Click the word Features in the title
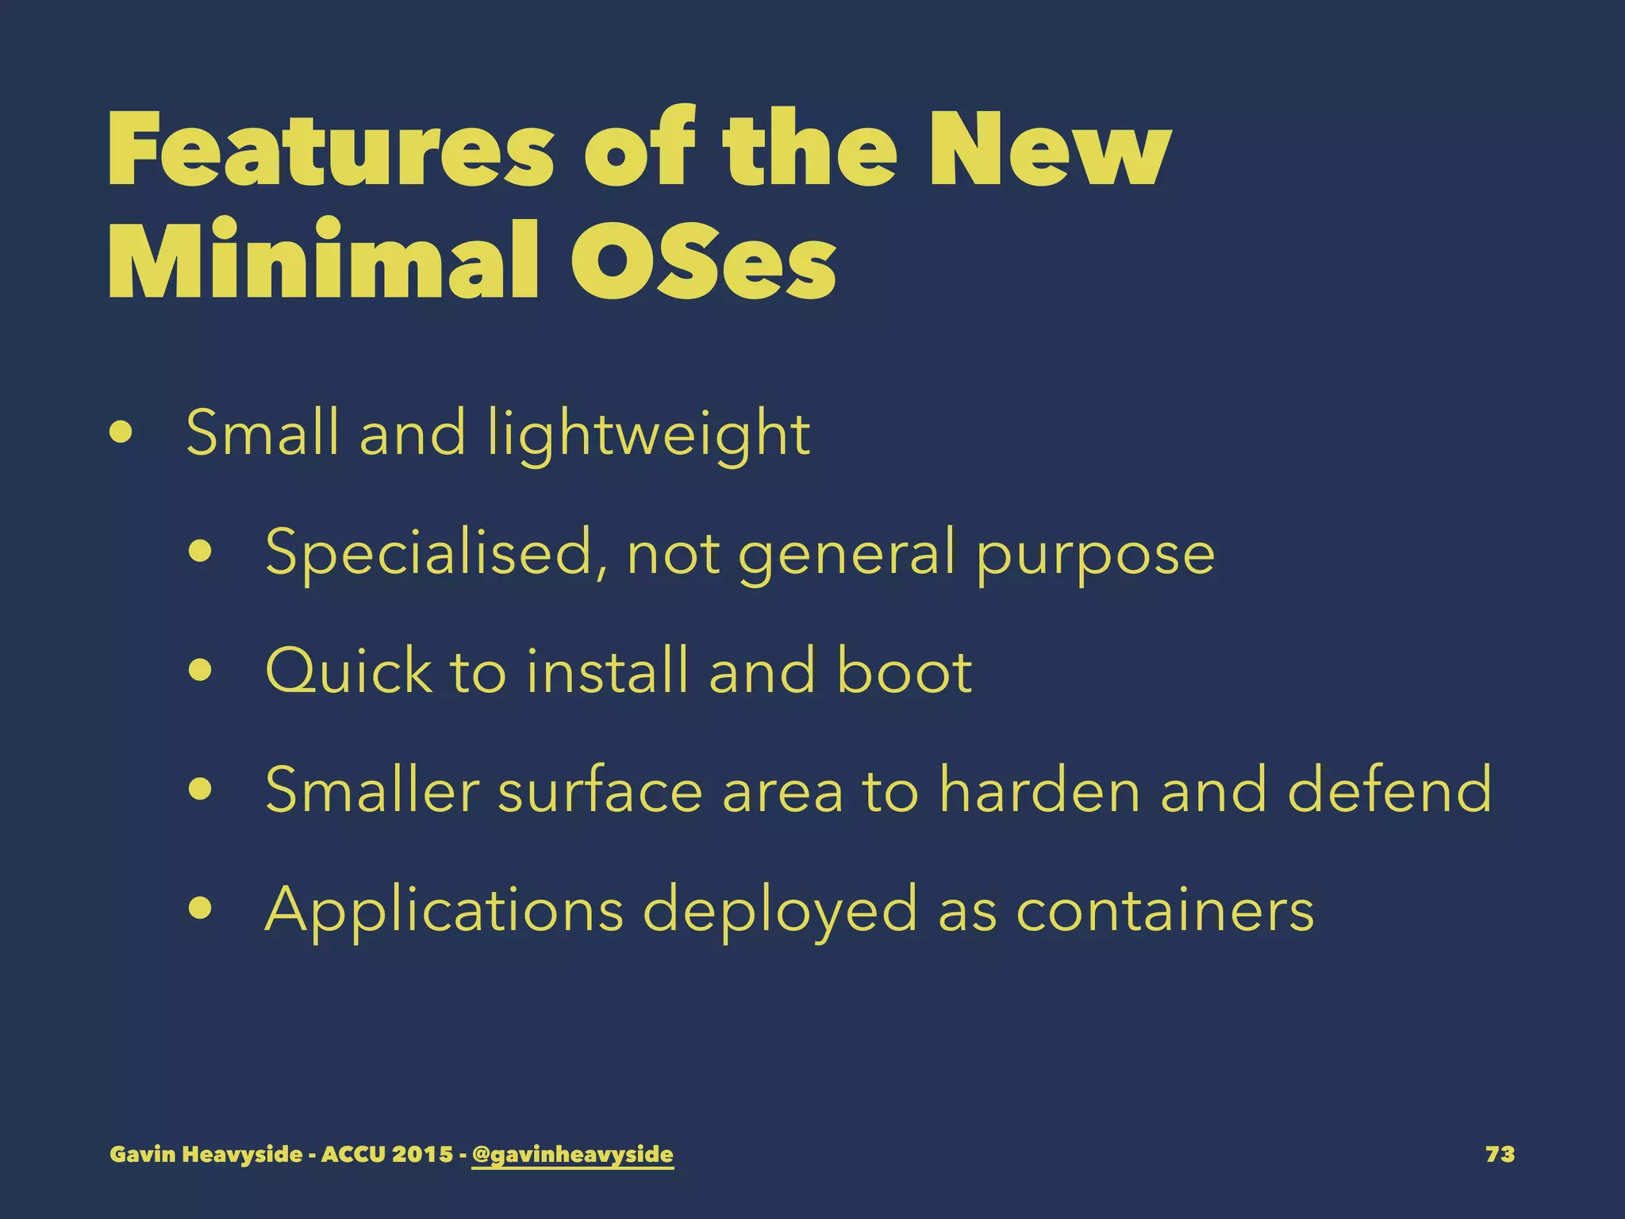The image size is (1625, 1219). pos(330,149)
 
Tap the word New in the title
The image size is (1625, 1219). pos(1049,149)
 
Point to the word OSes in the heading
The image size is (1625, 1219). pos(703,260)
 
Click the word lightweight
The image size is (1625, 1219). pos(648,434)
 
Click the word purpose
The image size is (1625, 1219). pos(1095,554)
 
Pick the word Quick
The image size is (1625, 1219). pos(348,671)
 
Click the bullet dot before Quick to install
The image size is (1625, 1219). pos(201,671)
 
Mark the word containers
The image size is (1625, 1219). pos(1165,910)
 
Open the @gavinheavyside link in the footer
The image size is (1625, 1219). pos(572,1154)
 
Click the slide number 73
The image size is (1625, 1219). pos(1500,1154)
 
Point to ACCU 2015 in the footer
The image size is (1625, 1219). pos(386,1154)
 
